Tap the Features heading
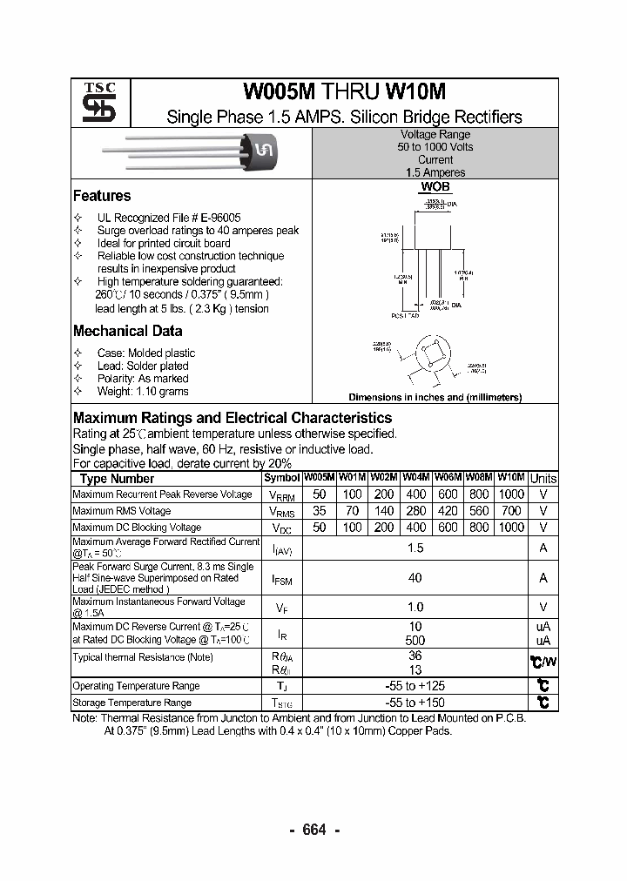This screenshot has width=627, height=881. coord(102,196)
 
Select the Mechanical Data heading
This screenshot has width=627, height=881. coord(127,331)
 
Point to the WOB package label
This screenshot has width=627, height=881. coord(435,187)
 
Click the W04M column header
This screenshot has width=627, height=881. coord(415,478)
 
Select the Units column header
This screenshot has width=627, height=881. coord(543,479)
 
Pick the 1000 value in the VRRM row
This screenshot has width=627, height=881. coord(511,494)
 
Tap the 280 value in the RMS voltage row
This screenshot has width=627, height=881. coord(415,511)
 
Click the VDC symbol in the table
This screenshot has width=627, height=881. coord(281,528)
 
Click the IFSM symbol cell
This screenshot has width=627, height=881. coord(281,578)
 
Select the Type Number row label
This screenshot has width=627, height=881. coord(117,479)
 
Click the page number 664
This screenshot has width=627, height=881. coord(313,830)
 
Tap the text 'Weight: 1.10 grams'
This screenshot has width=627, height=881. coord(143,392)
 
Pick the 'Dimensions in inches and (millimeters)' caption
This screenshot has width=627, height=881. coord(435,397)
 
